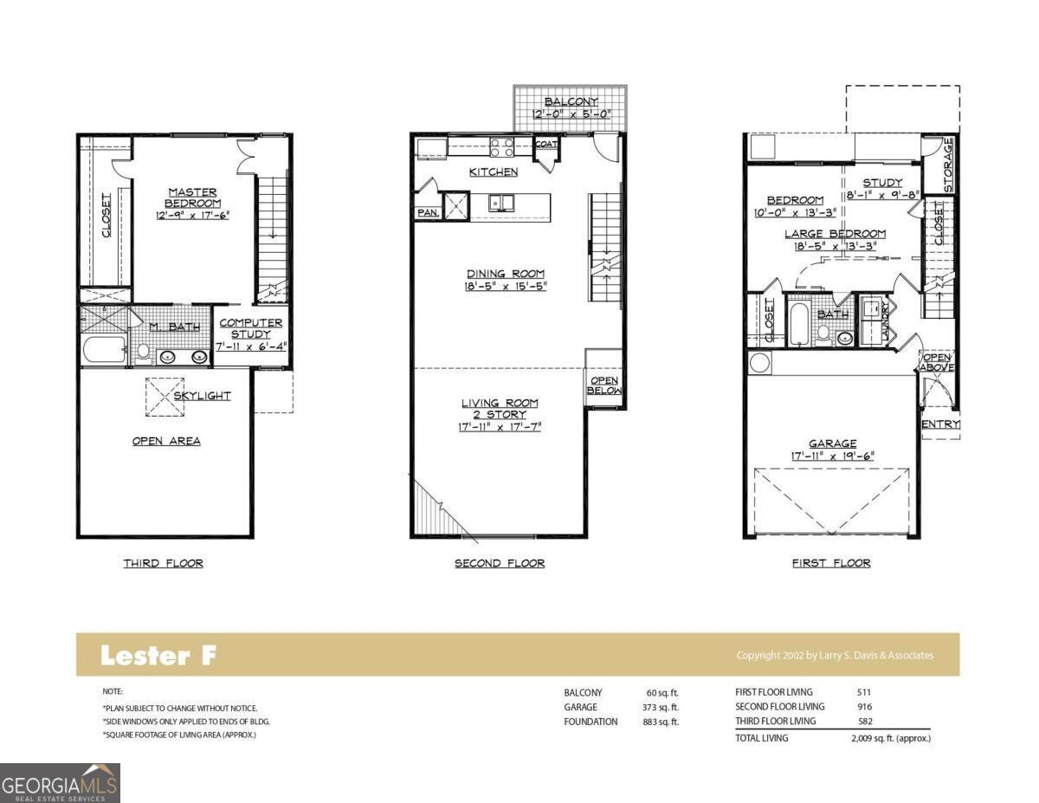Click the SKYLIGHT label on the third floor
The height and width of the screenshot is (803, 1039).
202,396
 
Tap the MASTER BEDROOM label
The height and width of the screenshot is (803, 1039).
193,198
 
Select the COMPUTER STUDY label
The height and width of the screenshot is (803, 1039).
250,328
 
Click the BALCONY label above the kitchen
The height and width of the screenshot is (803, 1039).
571,102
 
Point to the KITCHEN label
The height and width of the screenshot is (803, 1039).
494,172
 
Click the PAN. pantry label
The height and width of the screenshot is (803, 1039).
428,212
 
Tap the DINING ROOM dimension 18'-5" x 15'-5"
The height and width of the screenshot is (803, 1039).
507,286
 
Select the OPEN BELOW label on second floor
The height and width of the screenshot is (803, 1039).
604,385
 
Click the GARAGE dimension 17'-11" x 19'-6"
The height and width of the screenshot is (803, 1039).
832,456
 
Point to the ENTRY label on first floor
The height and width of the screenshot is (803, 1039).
940,424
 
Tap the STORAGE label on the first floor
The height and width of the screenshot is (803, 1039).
948,165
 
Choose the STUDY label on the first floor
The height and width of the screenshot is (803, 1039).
882,183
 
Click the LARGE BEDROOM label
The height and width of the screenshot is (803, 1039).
835,234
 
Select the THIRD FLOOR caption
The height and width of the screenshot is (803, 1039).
163,563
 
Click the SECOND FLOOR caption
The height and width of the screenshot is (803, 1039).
500,563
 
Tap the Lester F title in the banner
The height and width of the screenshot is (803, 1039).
158,656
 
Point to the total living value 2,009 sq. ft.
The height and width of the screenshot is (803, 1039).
890,738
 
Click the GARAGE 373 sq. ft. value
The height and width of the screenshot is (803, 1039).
662,707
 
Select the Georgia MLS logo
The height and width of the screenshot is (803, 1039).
60,782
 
